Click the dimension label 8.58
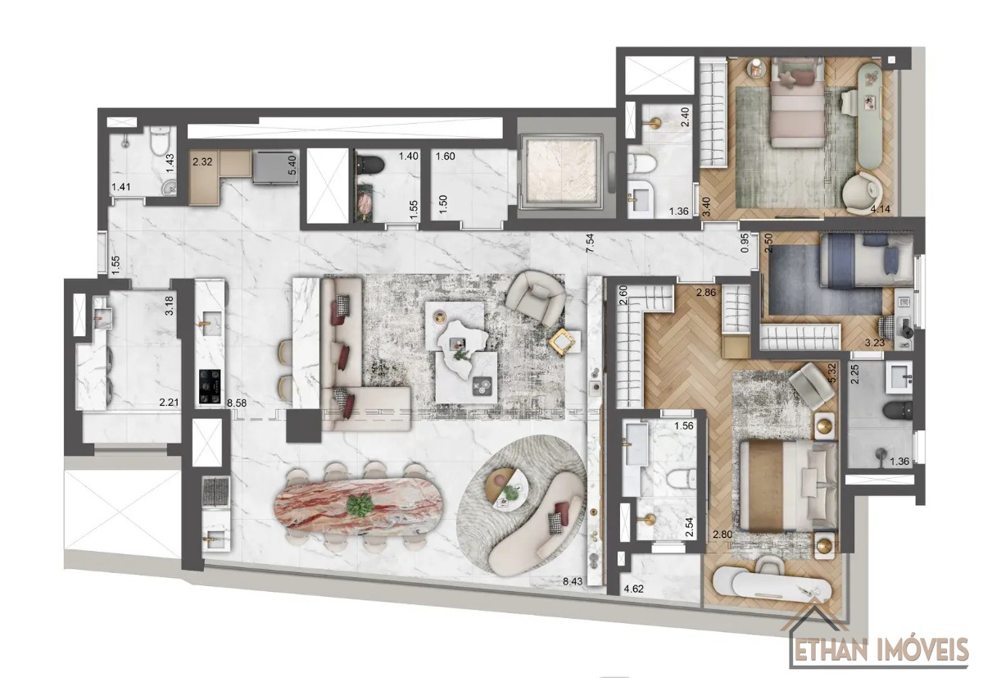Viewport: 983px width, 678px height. pos(238,403)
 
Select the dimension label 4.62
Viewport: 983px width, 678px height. pos(633,589)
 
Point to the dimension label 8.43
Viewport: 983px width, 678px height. pos(573,582)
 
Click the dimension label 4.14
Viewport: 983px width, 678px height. pos(881,209)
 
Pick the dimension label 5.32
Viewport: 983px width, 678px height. pos(832,373)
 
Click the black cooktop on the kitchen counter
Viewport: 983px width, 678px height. pos(211,386)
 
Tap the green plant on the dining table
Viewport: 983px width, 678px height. pos(360,505)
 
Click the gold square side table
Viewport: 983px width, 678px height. pos(563,341)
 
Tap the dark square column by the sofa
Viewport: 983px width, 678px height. pos(304,425)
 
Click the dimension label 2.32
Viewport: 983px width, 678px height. pos(202,162)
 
